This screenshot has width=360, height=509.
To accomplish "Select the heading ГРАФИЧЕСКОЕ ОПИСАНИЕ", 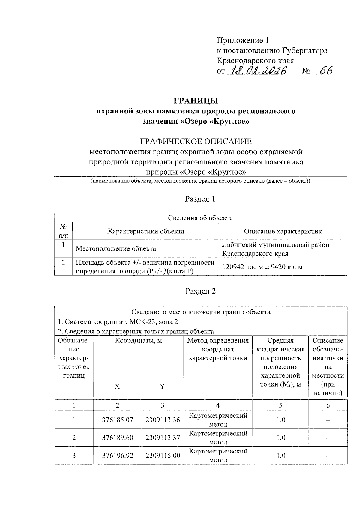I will [x=196, y=141].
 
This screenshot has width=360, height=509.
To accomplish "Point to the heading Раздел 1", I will [x=200, y=199].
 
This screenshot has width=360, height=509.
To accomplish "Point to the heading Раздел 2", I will [x=200, y=291].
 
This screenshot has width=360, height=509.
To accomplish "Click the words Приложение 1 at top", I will [x=243, y=41].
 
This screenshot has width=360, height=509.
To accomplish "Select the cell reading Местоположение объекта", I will [x=116, y=248].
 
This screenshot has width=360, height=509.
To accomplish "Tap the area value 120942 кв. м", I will [x=240, y=267].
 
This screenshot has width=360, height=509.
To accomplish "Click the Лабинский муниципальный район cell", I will [x=275, y=245].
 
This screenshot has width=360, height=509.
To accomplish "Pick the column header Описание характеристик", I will [x=283, y=231].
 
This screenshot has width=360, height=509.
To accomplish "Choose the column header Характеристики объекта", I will [x=146, y=231].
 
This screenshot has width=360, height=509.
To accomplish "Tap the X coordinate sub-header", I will [x=117, y=386].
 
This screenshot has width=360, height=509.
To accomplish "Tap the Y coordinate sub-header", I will [x=162, y=386].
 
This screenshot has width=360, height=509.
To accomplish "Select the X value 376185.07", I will [x=117, y=420].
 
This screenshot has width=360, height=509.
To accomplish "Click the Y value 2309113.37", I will [x=163, y=438].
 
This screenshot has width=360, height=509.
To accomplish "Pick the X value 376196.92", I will [x=117, y=456].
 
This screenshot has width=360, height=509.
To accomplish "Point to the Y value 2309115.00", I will [x=163, y=456].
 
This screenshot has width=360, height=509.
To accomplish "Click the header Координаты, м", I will [x=138, y=341].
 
